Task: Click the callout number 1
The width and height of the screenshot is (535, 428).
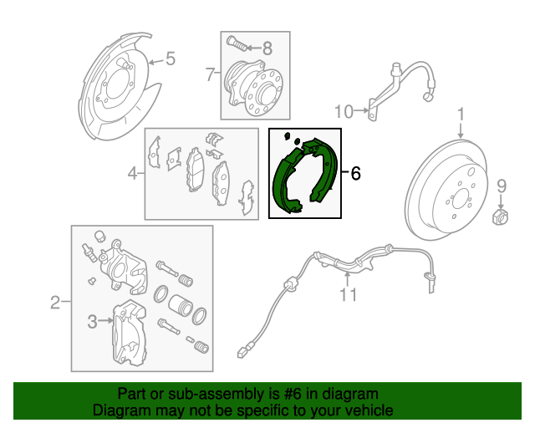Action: coord(460,115)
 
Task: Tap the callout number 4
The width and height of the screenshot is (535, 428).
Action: coord(132,174)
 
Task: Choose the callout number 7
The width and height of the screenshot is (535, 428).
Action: coord(210,74)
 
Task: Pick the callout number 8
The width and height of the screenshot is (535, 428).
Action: coord(267,48)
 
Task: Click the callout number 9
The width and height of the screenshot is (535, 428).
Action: coord(502,186)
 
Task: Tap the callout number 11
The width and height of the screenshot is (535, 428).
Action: coord(348,294)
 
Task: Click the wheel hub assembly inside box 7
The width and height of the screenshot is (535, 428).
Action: coord(254,84)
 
